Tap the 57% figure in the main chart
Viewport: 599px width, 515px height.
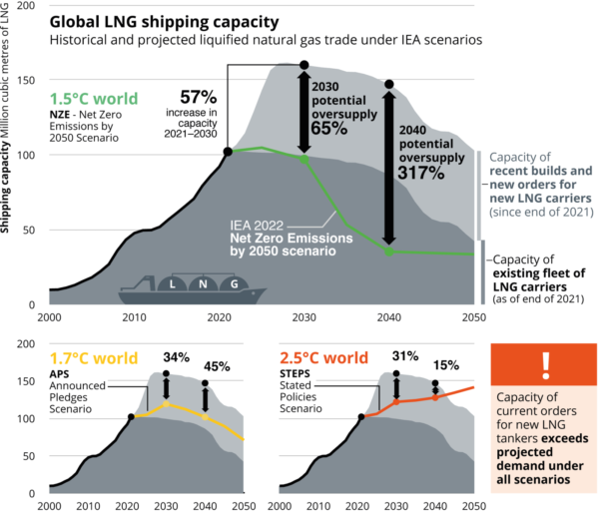198,97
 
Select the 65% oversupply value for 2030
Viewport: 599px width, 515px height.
328,128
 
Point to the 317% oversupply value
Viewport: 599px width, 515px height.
420,172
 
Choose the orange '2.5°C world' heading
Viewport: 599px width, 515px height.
323,357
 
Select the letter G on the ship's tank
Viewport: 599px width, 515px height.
234,283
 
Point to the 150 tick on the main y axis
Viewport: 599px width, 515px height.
28,81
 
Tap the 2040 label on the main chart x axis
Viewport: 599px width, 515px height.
388,317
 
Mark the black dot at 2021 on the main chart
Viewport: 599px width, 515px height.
228,152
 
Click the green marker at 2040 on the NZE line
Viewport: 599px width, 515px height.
389,252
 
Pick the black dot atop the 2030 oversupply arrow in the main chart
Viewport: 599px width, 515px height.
304,66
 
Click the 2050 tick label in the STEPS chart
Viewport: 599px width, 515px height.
473,506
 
